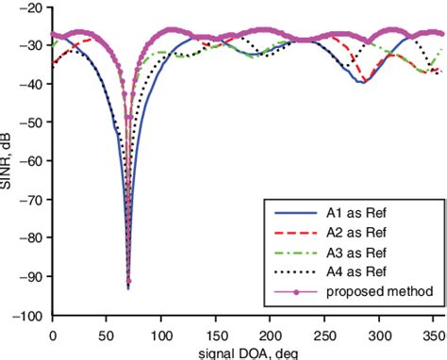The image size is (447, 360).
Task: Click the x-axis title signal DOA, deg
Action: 248,352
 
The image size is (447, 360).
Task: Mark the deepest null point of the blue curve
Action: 128,286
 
